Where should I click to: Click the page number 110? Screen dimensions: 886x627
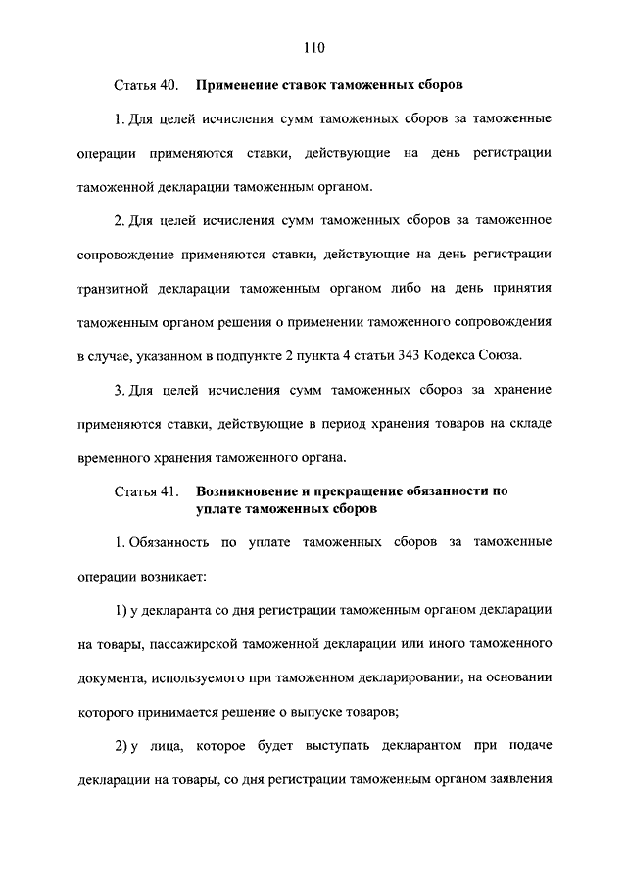coord(313,47)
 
